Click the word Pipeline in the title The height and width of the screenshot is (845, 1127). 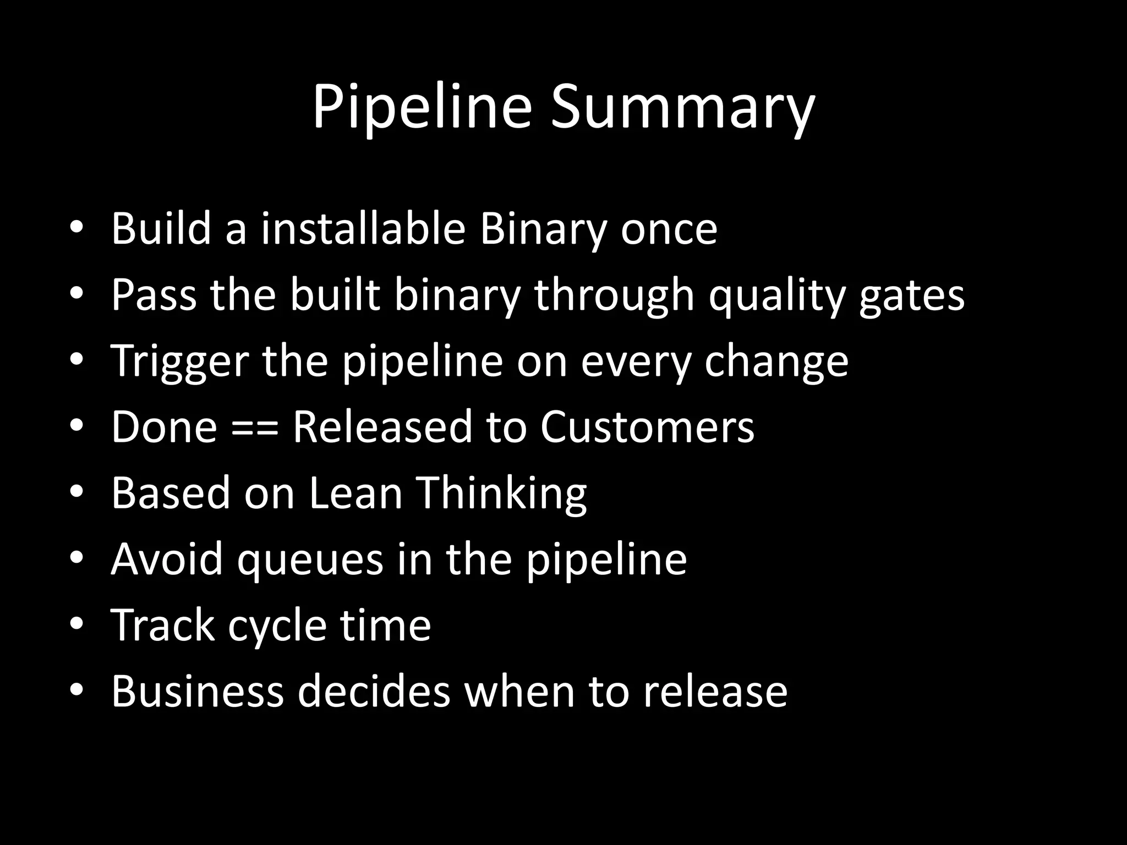click(x=422, y=107)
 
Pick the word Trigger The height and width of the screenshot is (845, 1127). click(x=179, y=361)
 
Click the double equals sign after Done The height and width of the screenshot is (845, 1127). click(x=254, y=427)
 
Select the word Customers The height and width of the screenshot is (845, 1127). click(x=647, y=426)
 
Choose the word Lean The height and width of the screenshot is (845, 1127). click(x=355, y=492)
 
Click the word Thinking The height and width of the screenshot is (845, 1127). click(x=502, y=492)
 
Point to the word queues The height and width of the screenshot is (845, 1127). click(x=310, y=559)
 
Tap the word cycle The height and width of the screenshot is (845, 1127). click(x=277, y=625)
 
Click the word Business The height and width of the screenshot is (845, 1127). click(x=197, y=690)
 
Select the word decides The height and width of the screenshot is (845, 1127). click(x=374, y=690)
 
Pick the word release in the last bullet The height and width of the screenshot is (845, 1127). click(x=715, y=690)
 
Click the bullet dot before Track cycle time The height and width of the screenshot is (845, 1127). click(x=76, y=623)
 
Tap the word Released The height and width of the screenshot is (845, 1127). click(x=382, y=426)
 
